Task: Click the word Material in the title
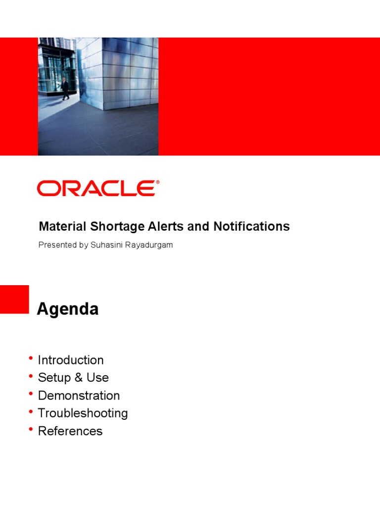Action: pos(62,226)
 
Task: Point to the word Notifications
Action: pos(251,226)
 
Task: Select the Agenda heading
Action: pos(68,309)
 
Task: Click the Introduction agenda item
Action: pos(71,360)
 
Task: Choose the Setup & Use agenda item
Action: pos(73,378)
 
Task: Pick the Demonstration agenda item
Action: pos(79,396)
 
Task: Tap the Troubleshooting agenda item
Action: pos(83,413)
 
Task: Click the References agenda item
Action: pos(70,431)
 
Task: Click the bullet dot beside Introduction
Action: pos(31,358)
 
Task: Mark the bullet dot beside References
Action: pos(31,429)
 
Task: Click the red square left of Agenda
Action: pos(14,299)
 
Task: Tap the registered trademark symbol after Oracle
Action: pos(158,182)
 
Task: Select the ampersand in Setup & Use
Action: pos(78,378)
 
